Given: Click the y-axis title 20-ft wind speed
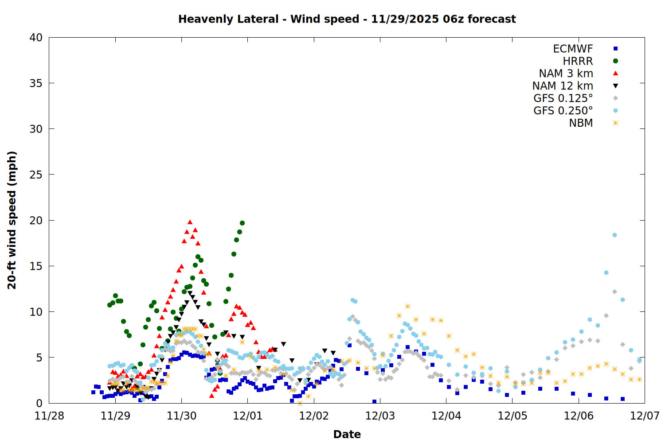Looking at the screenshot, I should coord(12,220).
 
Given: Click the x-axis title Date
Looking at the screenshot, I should coord(347,434).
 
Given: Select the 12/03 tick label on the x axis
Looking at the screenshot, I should coord(380,416).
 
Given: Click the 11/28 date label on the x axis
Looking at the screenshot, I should coord(49,416).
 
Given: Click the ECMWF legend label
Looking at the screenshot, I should coord(573,49).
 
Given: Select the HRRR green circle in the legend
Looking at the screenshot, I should coord(615,61).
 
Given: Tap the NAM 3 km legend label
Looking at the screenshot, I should coord(566,74).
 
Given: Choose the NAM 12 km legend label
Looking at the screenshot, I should coord(563,86).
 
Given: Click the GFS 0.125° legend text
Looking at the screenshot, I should coord(563,98).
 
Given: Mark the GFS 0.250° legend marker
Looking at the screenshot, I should coord(615,111).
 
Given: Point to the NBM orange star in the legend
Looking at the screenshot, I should coord(615,123).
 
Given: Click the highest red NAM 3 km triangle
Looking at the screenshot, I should coord(190,222).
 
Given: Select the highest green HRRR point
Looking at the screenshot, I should coord(242,223).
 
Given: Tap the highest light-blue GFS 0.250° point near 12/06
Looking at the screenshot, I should coord(614,235).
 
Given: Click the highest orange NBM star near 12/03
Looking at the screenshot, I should coord(407,306).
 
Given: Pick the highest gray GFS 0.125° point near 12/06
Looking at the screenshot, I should coord(614,291).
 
